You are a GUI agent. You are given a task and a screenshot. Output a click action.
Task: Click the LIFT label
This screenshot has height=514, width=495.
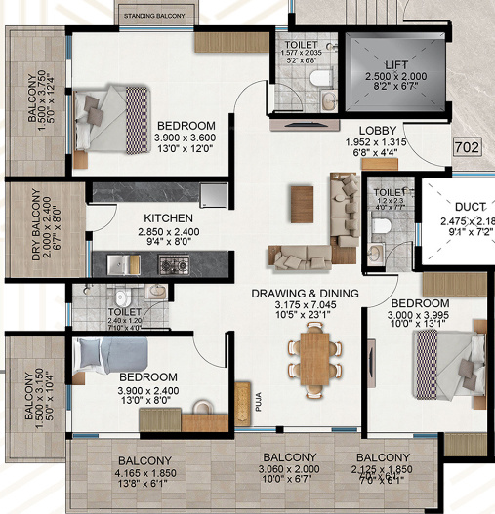coord(395,64)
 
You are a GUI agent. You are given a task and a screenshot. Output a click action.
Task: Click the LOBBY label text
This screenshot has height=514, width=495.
coord(376,131)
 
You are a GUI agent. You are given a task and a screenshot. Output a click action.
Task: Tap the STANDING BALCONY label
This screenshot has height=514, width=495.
coord(154,16)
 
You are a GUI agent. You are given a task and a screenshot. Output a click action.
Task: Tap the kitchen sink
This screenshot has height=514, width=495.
coord(120,263)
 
